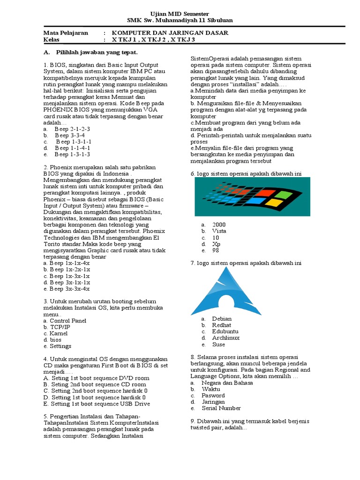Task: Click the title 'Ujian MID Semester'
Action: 180,14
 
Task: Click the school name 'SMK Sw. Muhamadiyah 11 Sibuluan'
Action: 180,21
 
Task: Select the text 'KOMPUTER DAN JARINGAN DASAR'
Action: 170,33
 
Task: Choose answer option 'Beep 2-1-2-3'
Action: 72,128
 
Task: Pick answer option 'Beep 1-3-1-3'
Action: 72,154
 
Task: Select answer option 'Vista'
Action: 219,231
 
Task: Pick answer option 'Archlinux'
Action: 225,338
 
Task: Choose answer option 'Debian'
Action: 222,319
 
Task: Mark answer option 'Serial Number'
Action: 221,408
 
